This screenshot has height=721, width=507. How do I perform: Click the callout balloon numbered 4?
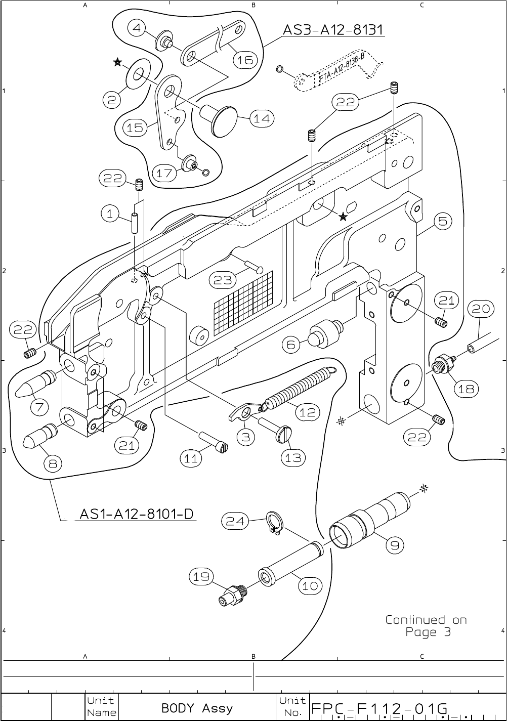[138, 28]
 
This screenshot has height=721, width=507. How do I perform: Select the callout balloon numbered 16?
[244, 60]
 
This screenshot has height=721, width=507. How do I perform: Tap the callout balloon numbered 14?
[262, 119]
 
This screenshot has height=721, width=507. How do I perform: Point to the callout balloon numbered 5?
[442, 221]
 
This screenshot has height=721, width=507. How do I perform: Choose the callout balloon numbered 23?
[223, 279]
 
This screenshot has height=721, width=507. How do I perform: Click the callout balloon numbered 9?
[395, 544]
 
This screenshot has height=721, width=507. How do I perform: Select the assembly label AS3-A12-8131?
[333, 30]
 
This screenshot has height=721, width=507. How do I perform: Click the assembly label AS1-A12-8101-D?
[137, 514]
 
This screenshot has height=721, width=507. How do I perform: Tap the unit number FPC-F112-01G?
[379, 707]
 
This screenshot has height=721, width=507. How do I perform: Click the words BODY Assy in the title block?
[197, 707]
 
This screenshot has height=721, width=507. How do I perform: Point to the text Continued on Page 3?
[426, 626]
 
